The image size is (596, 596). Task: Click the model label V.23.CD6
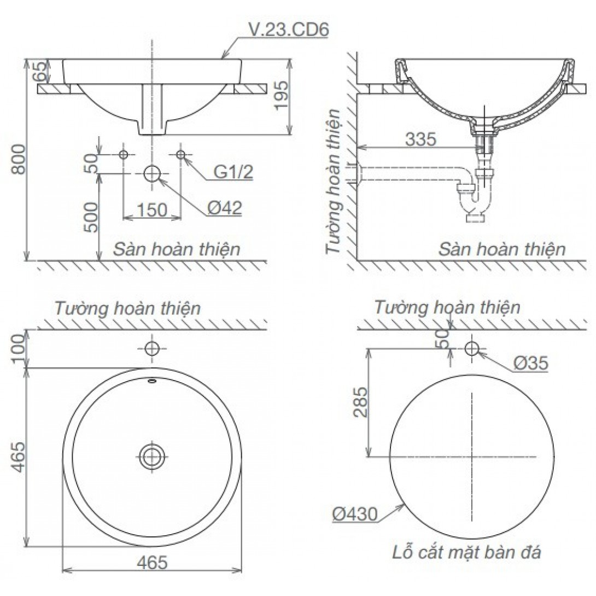pyautogui.click(x=288, y=30)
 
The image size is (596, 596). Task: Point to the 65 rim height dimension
pyautogui.click(x=39, y=71)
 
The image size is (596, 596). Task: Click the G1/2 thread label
pyautogui.click(x=233, y=172)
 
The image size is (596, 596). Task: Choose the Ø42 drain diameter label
pyautogui.click(x=224, y=208)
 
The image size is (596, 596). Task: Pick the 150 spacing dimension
pyautogui.click(x=151, y=209)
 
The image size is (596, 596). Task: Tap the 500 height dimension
pyautogui.click(x=91, y=217)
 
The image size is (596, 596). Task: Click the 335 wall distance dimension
pyautogui.click(x=420, y=139)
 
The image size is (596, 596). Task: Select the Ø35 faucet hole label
pyautogui.click(x=530, y=364)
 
